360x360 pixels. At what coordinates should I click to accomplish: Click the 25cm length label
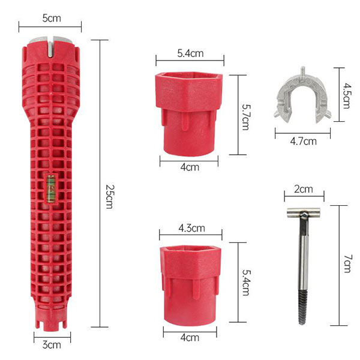pyautogui.click(x=109, y=197)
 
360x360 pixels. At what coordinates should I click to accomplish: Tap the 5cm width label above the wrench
pyautogui.click(x=52, y=18)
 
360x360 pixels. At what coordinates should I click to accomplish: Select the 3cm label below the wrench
pyautogui.click(x=52, y=345)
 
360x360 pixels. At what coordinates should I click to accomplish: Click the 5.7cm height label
pyautogui.click(x=246, y=118)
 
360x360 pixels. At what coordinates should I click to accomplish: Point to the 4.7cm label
pyautogui.click(x=303, y=141)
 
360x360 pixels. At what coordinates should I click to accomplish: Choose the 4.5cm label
pyautogui.click(x=346, y=96)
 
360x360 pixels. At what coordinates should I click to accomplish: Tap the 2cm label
pyautogui.click(x=304, y=189)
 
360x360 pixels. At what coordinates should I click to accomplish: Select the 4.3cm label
pyautogui.click(x=192, y=228)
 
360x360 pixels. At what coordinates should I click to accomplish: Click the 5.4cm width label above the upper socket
pyautogui.click(x=190, y=53)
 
